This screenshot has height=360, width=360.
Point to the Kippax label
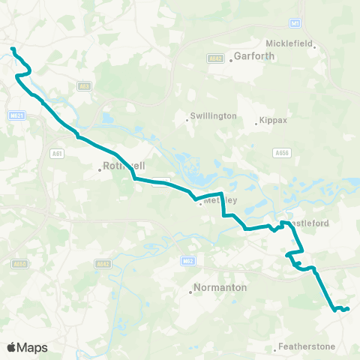(x=272, y=121)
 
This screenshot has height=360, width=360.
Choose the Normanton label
(x=215, y=287)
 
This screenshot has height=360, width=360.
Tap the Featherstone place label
(x=306, y=346)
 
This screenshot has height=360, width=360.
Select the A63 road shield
(x=85, y=87)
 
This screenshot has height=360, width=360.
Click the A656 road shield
(x=282, y=153)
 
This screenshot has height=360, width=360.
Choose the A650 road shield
(x=20, y=263)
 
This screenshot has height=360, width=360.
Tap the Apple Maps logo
(x=27, y=347)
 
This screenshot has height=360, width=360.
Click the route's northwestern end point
(x=12, y=49)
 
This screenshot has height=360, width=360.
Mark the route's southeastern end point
(x=348, y=308)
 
